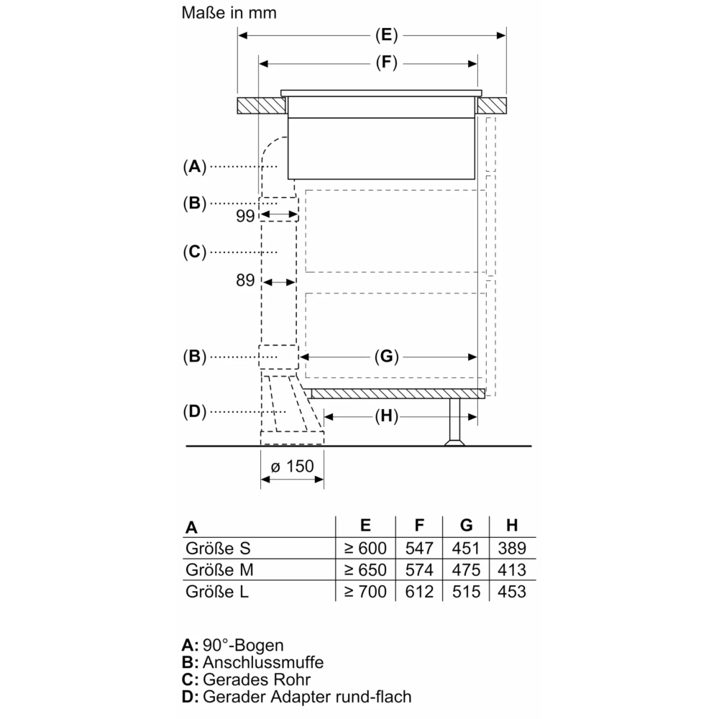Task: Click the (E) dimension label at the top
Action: [385, 35]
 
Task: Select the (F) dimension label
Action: [385, 63]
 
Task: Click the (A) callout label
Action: [193, 167]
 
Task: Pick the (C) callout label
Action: [193, 252]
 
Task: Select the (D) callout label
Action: [193, 412]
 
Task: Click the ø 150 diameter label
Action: [292, 466]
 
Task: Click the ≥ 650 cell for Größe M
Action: [365, 570]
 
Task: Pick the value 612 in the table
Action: [419, 592]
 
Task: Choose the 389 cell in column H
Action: [511, 549]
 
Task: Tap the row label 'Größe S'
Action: [218, 549]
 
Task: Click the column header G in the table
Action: [465, 526]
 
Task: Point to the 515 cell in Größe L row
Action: [465, 592]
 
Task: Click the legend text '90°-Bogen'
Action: [244, 645]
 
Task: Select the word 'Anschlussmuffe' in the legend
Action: [263, 662]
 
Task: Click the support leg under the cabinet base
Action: [455, 420]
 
